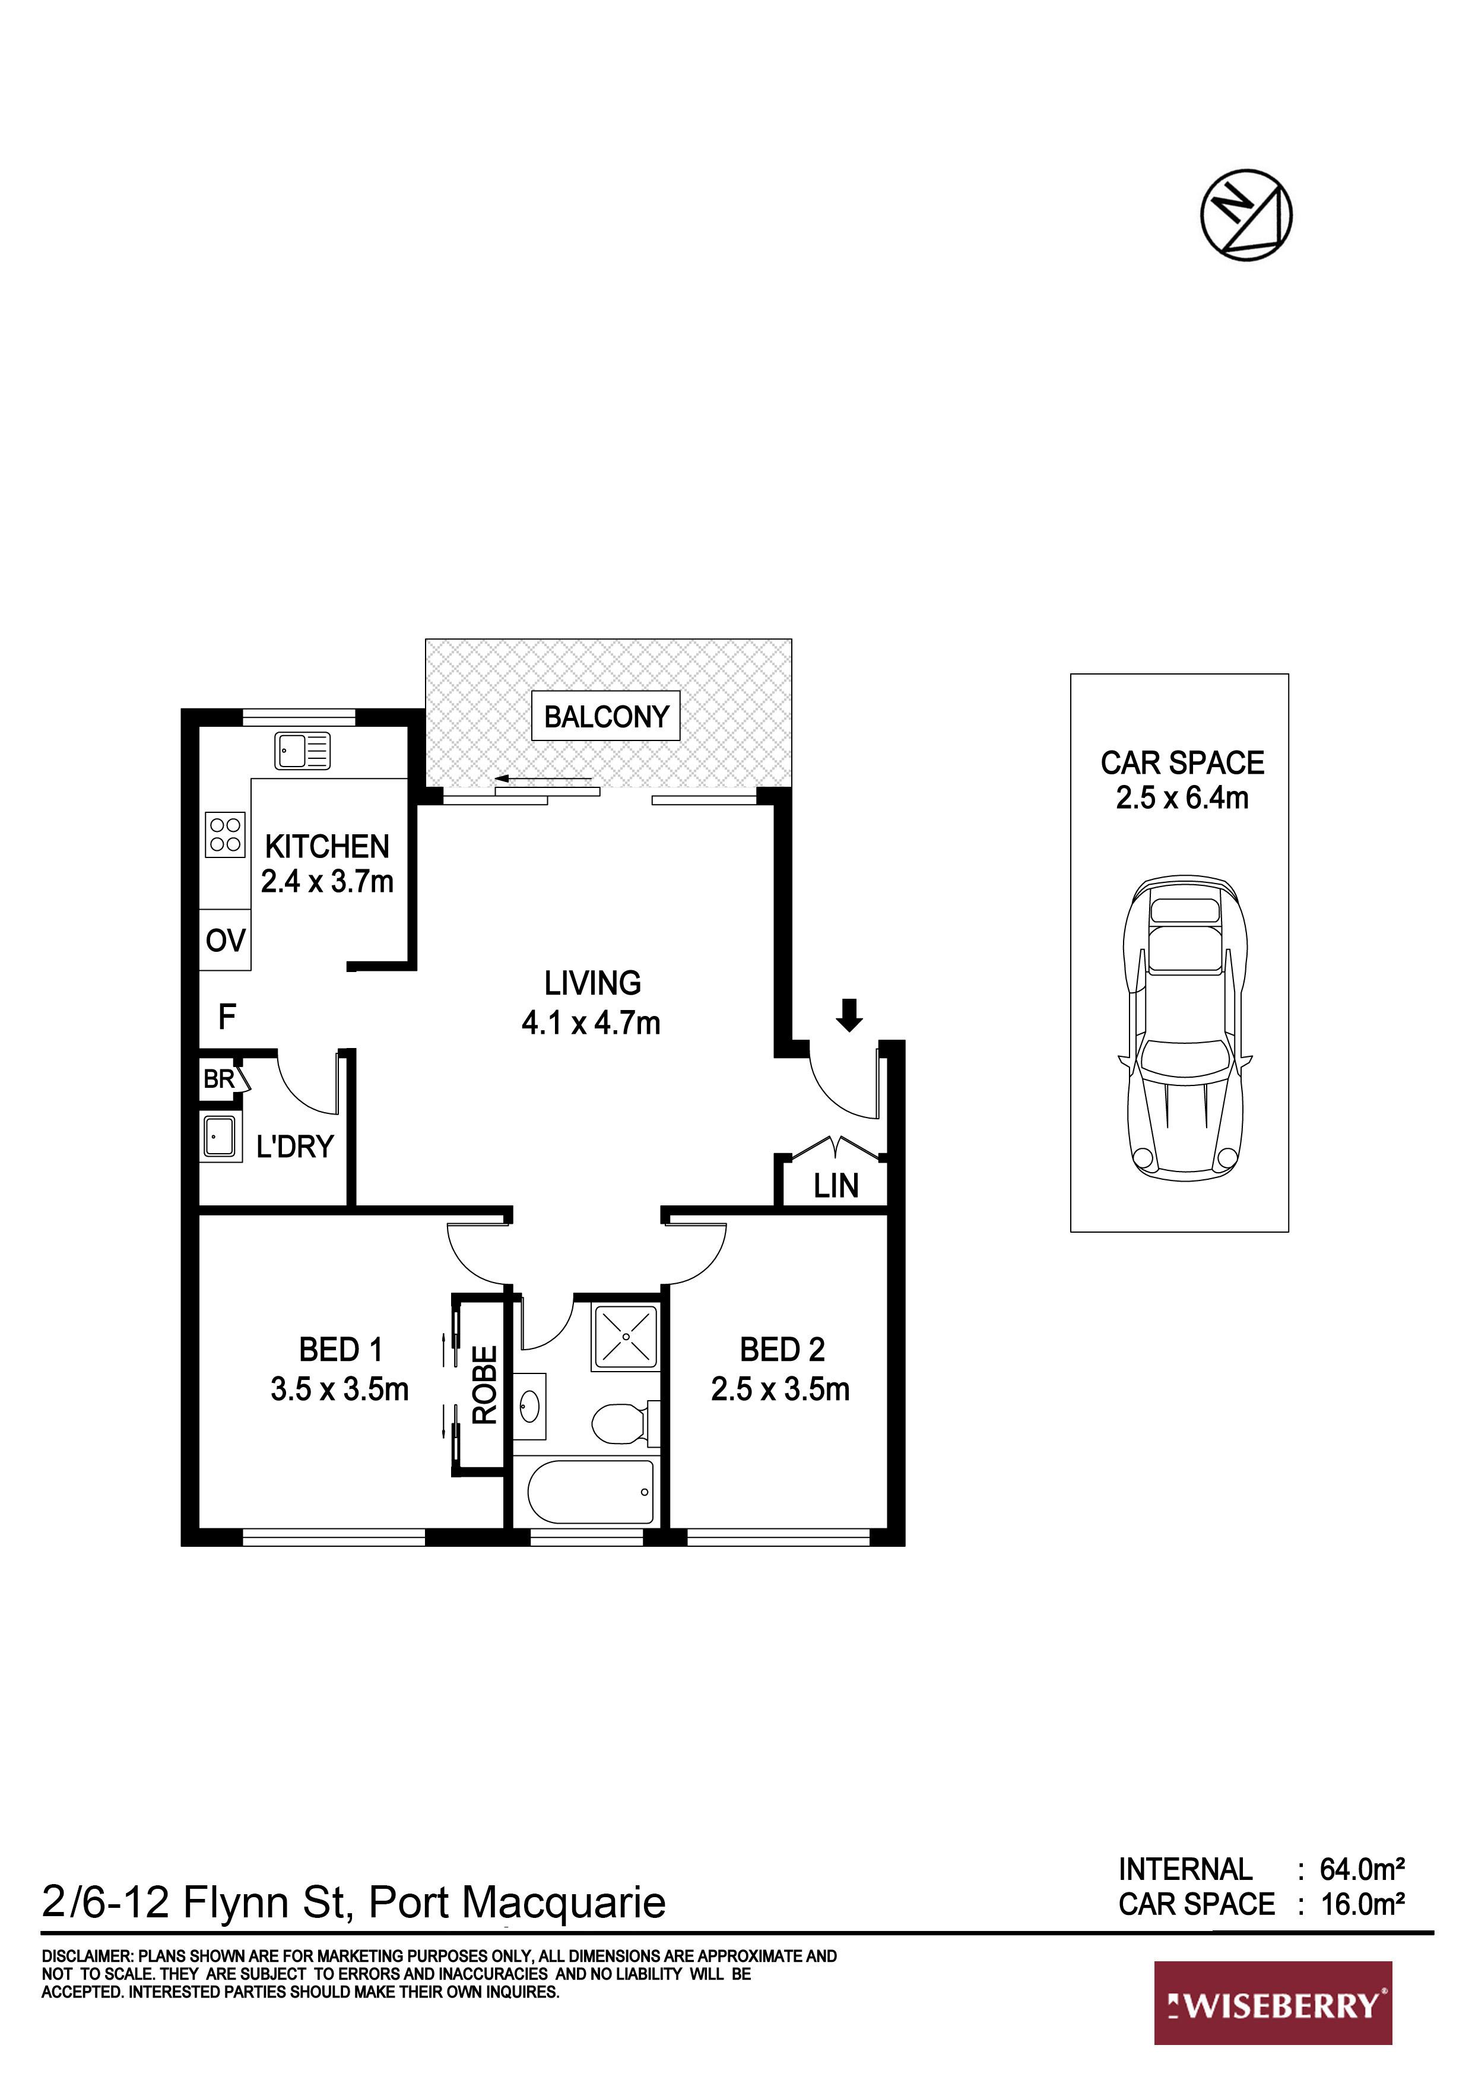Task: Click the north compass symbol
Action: click(x=1246, y=214)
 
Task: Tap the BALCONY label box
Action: click(x=606, y=717)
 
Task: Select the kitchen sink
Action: click(x=303, y=751)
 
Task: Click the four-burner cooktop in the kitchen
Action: click(x=225, y=834)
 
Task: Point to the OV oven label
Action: click(x=225, y=941)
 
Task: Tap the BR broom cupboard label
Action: click(x=218, y=1079)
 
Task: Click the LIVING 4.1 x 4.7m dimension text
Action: click(x=591, y=1022)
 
